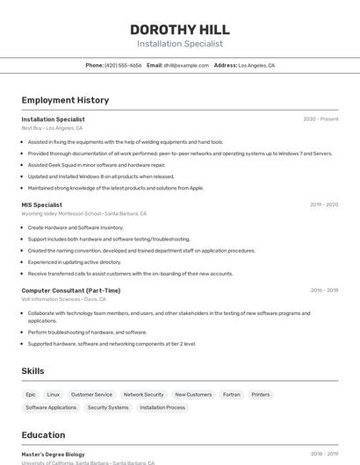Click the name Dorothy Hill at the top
[180, 29]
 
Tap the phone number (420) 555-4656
[123, 65]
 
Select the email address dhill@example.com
[185, 65]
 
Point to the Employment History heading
[65, 100]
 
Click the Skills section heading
[33, 371]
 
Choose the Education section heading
[43, 435]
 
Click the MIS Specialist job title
[42, 204]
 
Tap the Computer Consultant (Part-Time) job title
[71, 290]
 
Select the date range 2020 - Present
[320, 119]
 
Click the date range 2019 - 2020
[324, 204]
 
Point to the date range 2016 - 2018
[324, 290]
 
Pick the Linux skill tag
[54, 395]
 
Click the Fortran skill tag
[232, 395]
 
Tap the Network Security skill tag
[143, 395]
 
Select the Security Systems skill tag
[108, 407]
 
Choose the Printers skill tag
[261, 395]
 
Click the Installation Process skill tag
[162, 407]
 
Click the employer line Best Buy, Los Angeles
[52, 128]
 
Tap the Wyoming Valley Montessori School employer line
[83, 213]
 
